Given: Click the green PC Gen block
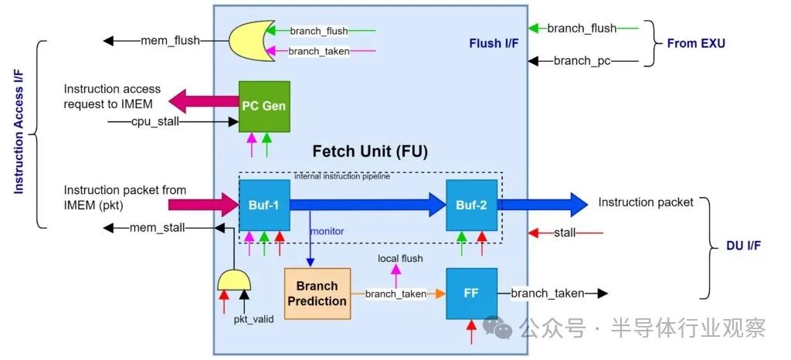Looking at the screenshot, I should tap(264, 106).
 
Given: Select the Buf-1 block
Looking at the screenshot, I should tap(264, 205).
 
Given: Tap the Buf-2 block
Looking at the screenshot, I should tap(471, 205).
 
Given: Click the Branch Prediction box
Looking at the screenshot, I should tap(317, 294).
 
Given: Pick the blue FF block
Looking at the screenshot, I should tap(471, 294).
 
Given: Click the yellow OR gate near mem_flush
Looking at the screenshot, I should tap(248, 40).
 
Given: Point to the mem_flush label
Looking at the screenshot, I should tap(170, 40).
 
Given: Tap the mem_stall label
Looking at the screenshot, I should tap(159, 227).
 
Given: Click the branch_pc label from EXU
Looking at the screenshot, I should tap(582, 60).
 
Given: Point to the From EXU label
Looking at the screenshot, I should tap(696, 43).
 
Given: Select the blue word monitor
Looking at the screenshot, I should tap(327, 231).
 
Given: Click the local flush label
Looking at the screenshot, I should tap(400, 258).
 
